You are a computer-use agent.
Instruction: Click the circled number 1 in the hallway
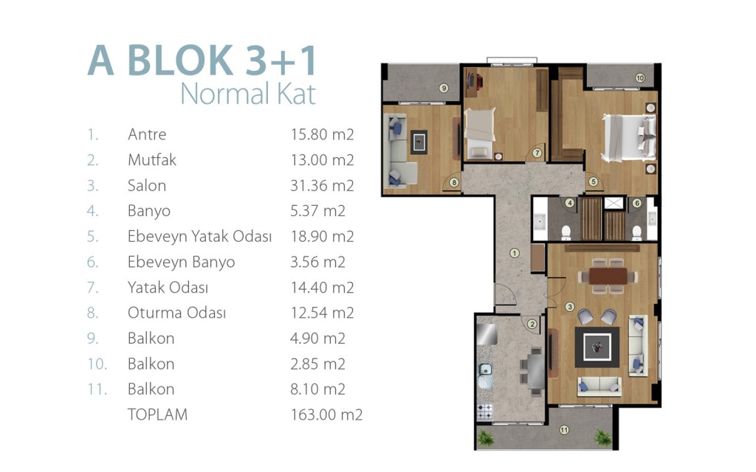(x=515, y=254)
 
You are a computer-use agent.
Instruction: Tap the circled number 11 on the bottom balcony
(x=564, y=430)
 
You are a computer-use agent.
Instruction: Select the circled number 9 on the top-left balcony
(x=444, y=88)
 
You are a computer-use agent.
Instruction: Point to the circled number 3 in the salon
(x=570, y=307)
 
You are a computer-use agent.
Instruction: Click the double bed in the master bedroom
(x=629, y=137)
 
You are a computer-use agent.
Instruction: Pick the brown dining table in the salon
(x=608, y=276)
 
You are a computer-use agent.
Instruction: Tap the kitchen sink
(x=484, y=370)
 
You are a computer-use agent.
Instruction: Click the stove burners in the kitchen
(x=485, y=412)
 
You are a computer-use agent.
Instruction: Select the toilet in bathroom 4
(x=566, y=232)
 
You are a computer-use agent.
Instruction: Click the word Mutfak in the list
(x=152, y=160)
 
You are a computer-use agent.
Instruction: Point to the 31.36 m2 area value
(x=322, y=185)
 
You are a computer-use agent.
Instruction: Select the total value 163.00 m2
(x=326, y=414)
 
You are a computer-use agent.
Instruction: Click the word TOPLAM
(x=157, y=414)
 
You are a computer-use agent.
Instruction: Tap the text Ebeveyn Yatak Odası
(x=199, y=237)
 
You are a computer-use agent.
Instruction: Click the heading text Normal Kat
(x=248, y=94)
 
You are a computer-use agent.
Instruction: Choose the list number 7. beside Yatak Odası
(x=92, y=288)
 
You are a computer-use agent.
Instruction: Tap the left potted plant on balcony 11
(x=485, y=438)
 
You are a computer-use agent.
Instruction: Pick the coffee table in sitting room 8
(x=419, y=142)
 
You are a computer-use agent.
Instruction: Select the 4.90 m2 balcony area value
(x=317, y=338)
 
